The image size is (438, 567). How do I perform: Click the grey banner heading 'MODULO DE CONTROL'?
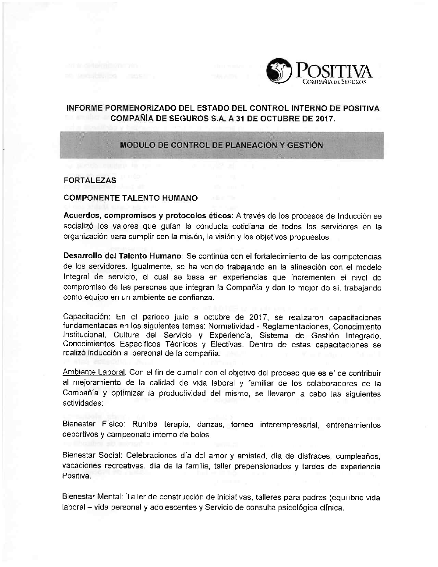(x=222, y=145)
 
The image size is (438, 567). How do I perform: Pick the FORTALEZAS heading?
(x=90, y=180)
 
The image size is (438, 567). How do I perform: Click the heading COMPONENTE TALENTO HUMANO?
(x=131, y=198)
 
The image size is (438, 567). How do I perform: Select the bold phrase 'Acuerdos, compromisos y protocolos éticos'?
(x=148, y=216)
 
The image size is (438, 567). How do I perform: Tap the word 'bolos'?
(x=201, y=435)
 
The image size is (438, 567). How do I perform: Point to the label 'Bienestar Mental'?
(x=92, y=497)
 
